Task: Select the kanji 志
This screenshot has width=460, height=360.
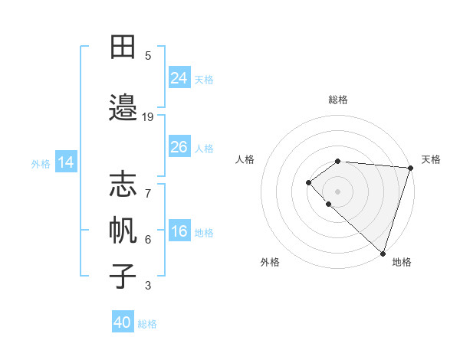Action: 123,184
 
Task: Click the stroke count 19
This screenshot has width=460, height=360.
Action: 148,116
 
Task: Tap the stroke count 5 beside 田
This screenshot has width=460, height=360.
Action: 148,55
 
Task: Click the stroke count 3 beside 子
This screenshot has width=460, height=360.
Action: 148,286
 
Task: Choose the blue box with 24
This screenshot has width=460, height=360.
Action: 179,78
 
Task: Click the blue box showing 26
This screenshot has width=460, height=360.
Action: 179,147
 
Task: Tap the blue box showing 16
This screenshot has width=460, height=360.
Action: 179,231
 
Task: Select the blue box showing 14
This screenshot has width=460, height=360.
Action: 66,162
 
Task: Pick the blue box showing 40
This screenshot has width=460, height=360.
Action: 123,322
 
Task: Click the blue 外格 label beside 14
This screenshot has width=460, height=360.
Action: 41,163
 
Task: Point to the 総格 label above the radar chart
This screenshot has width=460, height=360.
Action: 337,100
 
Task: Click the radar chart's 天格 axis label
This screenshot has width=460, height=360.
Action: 432,159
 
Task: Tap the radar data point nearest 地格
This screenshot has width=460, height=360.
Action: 383,253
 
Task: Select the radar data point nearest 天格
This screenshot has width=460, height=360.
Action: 410,168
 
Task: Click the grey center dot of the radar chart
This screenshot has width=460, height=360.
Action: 337,191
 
